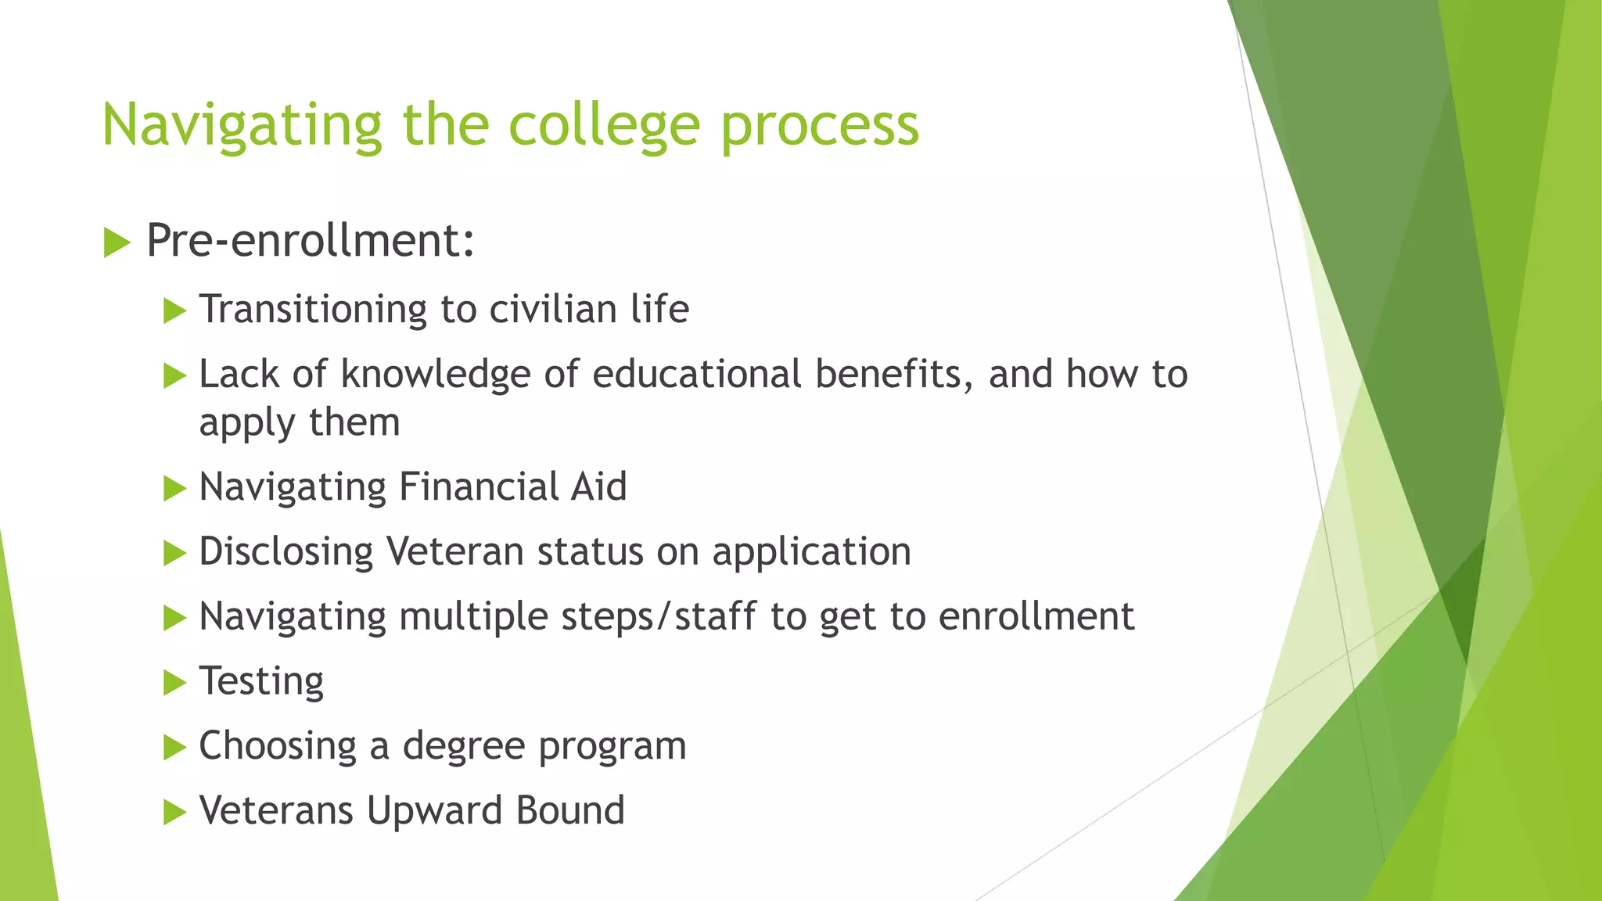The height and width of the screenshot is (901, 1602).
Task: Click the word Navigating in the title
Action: tap(241, 125)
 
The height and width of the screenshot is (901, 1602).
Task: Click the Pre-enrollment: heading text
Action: tap(310, 240)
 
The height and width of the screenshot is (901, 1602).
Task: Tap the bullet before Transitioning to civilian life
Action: tap(174, 311)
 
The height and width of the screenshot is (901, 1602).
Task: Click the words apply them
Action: tap(299, 422)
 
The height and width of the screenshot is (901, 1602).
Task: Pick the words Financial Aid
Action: tap(512, 486)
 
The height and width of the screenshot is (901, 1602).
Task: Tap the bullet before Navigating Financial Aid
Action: tap(174, 490)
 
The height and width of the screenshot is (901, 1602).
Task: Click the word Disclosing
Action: tap(286, 551)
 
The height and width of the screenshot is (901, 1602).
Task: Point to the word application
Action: tap(811, 552)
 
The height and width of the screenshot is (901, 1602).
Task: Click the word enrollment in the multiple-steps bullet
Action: tap(1036, 616)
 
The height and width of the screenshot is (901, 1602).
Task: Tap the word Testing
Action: tap(261, 681)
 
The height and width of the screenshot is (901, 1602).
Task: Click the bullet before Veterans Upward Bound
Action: tap(174, 813)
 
